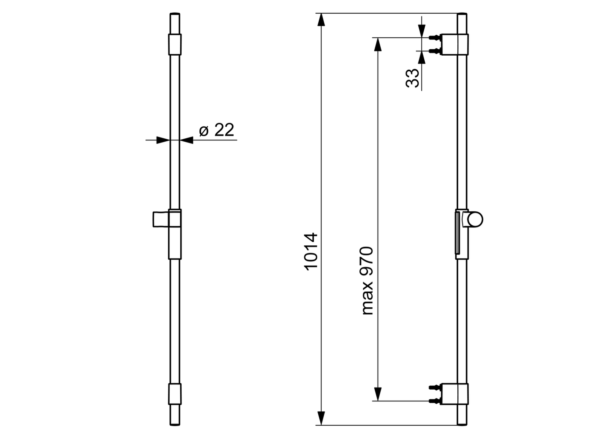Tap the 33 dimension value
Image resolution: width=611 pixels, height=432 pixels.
[412, 78]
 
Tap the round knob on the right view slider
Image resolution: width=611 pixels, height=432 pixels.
[475, 219]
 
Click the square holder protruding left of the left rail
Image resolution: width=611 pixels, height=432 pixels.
[160, 219]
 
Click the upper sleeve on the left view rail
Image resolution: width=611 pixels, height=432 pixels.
[175, 44]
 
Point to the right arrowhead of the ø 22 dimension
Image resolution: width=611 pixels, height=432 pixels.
[186, 140]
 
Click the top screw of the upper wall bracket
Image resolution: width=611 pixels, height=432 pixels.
[434, 37]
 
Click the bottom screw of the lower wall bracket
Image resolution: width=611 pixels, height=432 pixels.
[434, 400]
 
